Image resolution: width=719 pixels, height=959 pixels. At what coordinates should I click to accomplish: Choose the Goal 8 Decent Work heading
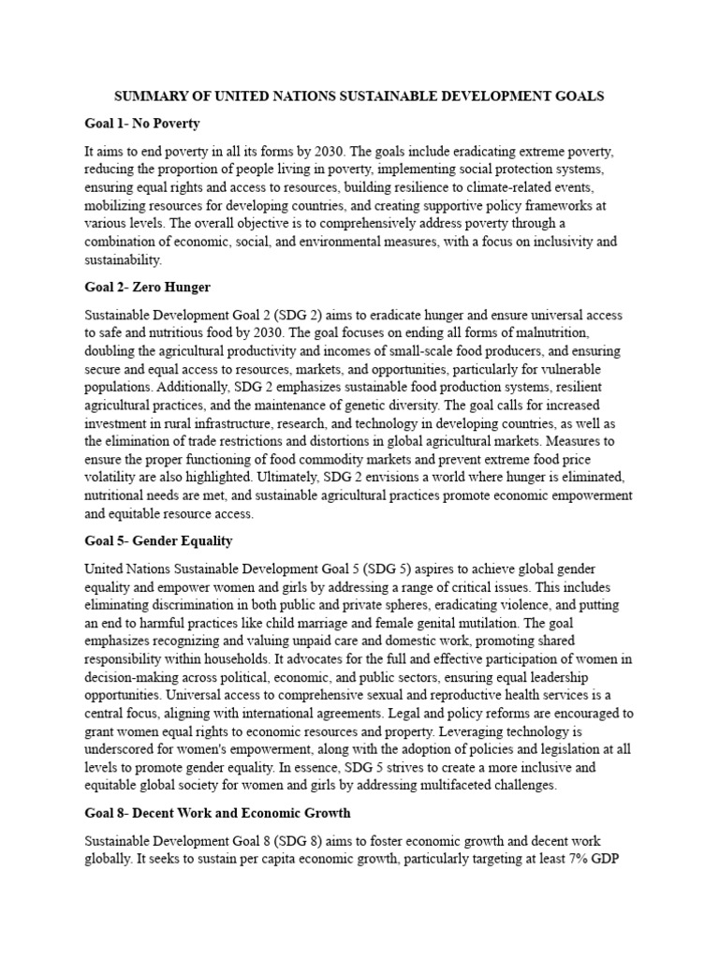[217, 813]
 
